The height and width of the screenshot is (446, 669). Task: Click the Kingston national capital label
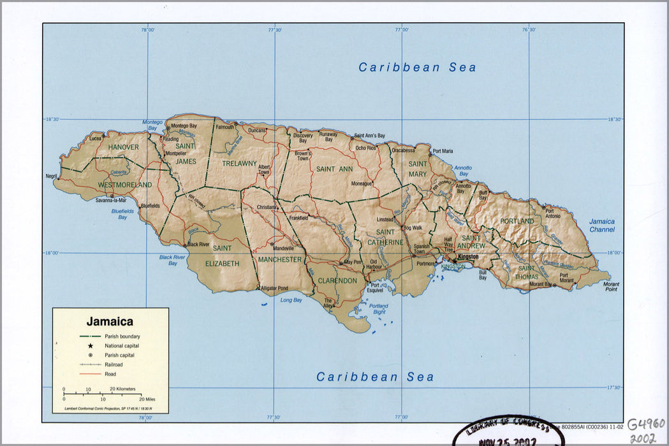[468, 256]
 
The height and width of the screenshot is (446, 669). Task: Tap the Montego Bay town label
[184, 126]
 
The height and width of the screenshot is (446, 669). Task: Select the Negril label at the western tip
[51, 176]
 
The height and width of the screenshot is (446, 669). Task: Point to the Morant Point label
[611, 285]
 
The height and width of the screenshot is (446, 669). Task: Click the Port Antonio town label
[553, 213]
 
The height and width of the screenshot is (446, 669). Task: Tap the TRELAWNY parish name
[239, 164]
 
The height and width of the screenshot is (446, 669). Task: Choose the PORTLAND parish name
[517, 221]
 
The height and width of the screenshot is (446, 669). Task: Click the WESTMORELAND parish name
[124, 185]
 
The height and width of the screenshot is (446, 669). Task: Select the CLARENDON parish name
[337, 280]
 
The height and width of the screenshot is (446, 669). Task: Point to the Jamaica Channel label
[601, 226]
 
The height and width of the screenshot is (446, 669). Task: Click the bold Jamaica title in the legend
[110, 322]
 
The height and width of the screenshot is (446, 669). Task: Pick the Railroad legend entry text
[114, 364]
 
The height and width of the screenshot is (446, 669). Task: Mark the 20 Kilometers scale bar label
[122, 389]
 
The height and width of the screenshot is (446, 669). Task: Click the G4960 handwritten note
[645, 424]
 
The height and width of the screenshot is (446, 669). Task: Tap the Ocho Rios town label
[366, 148]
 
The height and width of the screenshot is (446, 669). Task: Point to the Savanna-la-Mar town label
[111, 200]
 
